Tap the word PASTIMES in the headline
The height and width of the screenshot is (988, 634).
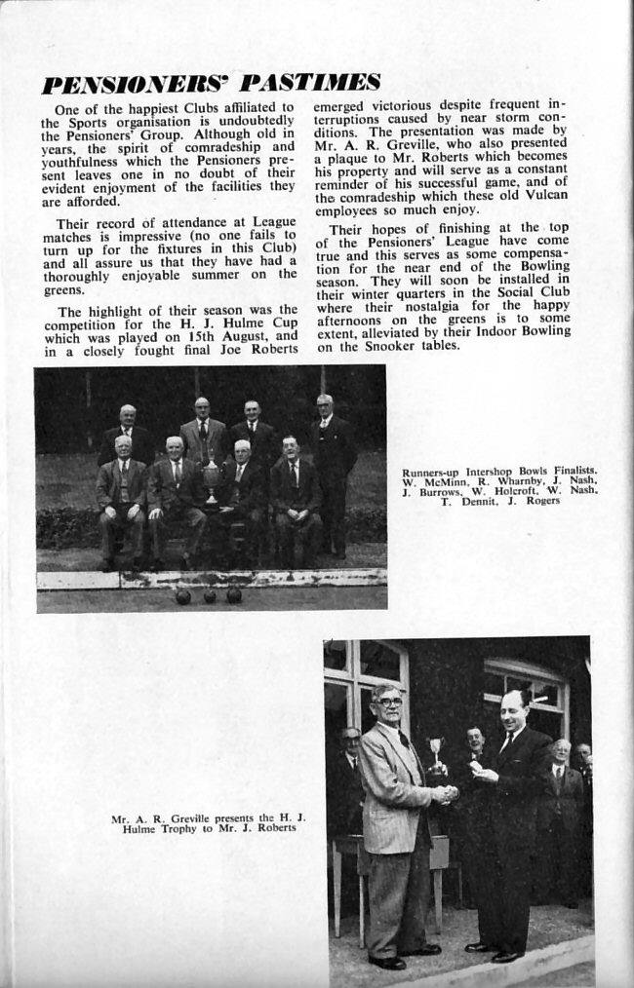pyautogui.click(x=310, y=82)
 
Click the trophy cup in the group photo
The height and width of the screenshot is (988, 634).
pyautogui.click(x=210, y=479)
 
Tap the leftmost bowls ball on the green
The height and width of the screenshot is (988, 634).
pyautogui.click(x=182, y=596)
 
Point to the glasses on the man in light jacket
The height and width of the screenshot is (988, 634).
pyautogui.click(x=388, y=702)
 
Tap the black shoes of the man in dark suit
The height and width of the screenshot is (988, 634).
pyautogui.click(x=495, y=951)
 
